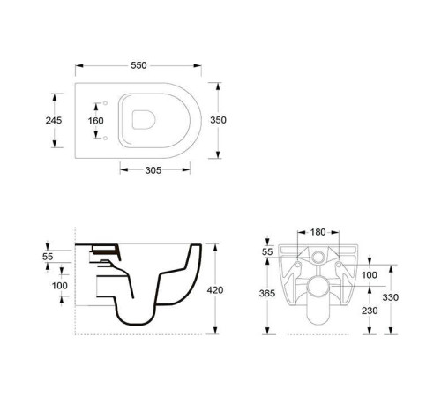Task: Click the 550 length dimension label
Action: tap(138, 65)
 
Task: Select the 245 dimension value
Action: tap(54, 120)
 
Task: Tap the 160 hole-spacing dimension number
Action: tap(95, 121)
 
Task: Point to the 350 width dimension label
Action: tap(218, 120)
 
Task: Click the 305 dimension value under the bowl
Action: tap(153, 170)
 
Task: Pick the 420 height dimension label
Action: tap(215, 290)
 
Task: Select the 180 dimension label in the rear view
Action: tap(318, 232)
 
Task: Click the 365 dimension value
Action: tap(267, 293)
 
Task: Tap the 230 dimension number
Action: tap(370, 311)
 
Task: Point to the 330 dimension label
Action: tap(391, 297)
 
